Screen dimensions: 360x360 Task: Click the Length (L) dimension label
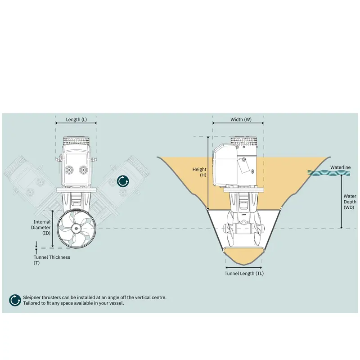(76, 119)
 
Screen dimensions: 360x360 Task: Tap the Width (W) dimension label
(241, 119)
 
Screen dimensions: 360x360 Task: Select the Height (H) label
(199, 172)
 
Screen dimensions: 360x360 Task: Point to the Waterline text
(340, 167)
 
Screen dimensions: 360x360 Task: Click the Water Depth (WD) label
(350, 202)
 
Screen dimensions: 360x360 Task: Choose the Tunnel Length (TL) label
(244, 274)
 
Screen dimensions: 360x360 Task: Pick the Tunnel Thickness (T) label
(52, 260)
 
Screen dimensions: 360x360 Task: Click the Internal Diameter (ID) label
(41, 228)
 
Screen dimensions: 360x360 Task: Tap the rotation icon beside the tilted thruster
(123, 181)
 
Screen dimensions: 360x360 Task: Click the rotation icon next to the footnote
(15, 300)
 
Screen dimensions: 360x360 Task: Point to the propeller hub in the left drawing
(76, 228)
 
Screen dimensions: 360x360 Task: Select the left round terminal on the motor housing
(69, 170)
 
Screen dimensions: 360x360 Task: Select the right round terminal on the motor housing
(83, 170)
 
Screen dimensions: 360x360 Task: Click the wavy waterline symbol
(329, 173)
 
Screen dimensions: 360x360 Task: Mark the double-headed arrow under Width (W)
(238, 123)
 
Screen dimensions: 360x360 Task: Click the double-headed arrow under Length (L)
(76, 123)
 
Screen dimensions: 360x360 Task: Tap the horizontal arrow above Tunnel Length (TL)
(243, 267)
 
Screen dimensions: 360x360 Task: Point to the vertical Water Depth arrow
(342, 202)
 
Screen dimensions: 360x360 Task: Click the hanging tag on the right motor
(243, 166)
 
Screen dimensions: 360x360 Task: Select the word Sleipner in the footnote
(31, 297)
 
